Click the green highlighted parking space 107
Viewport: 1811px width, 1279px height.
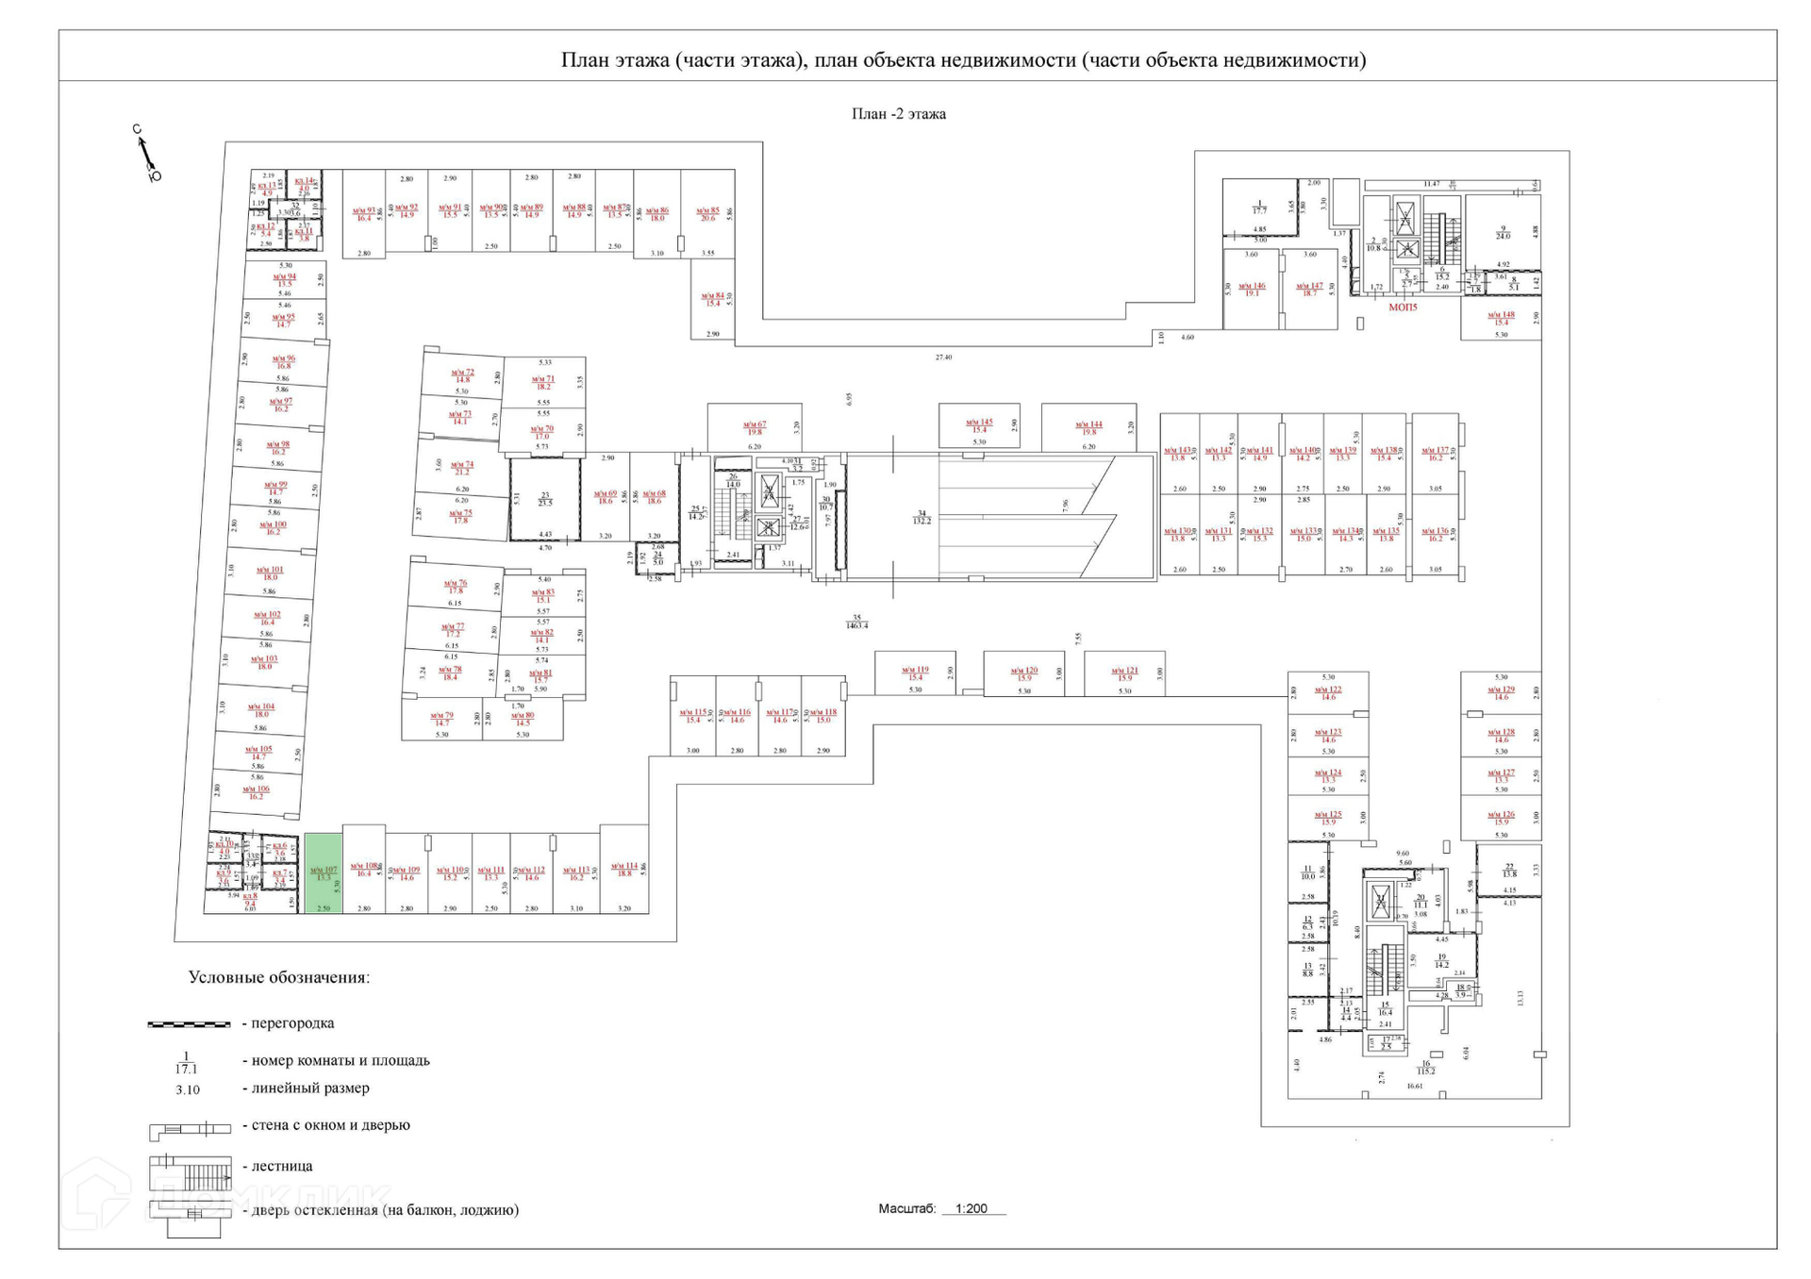[323, 872]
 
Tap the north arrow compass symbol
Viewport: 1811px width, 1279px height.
[146, 154]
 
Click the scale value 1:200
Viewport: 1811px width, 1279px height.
[971, 1208]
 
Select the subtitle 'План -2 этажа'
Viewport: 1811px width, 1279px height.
[898, 114]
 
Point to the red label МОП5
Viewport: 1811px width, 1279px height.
[1403, 307]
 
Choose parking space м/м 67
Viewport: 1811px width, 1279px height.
[755, 428]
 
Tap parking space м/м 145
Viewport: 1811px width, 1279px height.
[979, 426]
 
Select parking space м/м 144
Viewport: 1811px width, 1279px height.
[1088, 428]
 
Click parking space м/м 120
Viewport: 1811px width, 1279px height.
[1024, 673]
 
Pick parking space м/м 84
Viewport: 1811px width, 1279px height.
[712, 299]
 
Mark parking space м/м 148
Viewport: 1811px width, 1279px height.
[1501, 319]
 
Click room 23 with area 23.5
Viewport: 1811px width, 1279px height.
[545, 499]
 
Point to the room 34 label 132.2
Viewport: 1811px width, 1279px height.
[922, 517]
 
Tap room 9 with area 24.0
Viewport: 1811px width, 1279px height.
[1503, 232]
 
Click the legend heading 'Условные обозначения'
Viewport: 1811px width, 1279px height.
[278, 977]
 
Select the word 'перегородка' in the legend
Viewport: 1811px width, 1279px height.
[292, 1023]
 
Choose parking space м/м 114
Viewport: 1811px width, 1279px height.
[623, 870]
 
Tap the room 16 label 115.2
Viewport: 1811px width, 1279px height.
[1425, 1068]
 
